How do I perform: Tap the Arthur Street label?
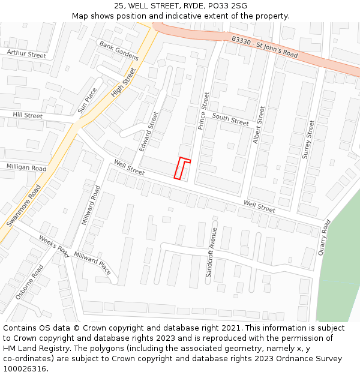(x=26, y=55)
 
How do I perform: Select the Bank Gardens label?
(x=119, y=51)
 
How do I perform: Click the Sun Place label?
(x=87, y=101)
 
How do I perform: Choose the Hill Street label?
(x=28, y=115)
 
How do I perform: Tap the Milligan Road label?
(x=26, y=168)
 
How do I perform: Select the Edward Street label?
(x=149, y=131)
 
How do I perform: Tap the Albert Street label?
(x=259, y=125)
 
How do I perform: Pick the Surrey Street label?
(x=308, y=139)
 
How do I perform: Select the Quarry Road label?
(x=324, y=238)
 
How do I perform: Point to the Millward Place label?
(x=92, y=263)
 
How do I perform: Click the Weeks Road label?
(x=54, y=246)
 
